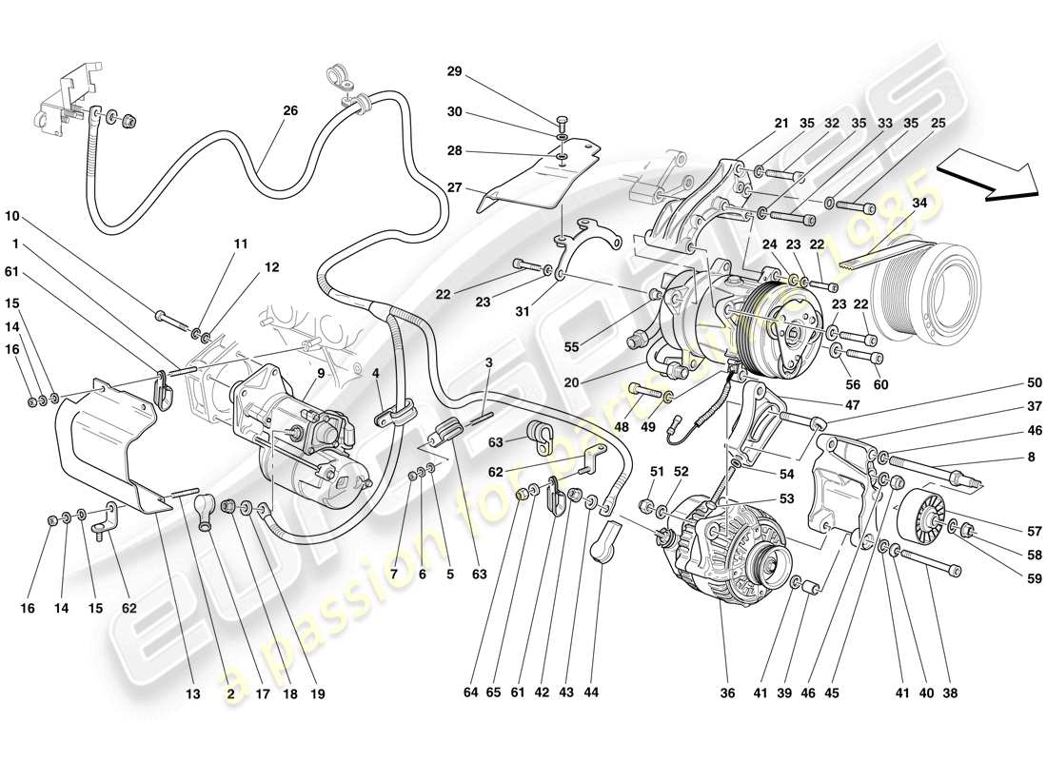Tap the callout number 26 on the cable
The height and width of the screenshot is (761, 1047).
tap(289, 111)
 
